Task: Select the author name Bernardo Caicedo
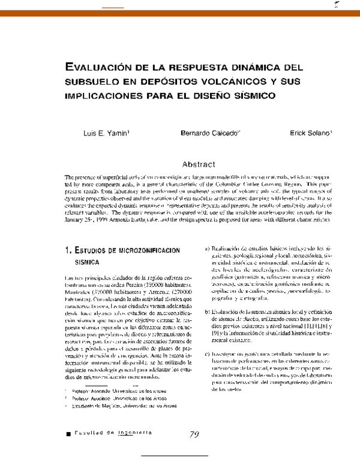202,133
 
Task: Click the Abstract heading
199,164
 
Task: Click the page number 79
194,435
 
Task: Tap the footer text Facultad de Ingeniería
113,433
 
